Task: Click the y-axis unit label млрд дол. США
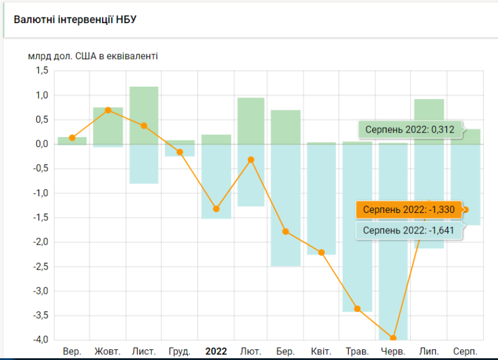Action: click(x=93, y=56)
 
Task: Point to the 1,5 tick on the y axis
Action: click(x=41, y=71)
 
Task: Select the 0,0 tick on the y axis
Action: click(x=41, y=144)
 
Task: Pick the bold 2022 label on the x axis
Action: click(x=216, y=351)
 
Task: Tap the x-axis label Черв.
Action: click(x=393, y=351)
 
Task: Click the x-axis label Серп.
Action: click(x=465, y=351)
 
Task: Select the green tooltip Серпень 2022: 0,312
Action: click(x=410, y=130)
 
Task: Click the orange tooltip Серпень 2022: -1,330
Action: click(x=409, y=210)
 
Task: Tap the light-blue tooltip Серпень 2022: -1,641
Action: click(x=409, y=230)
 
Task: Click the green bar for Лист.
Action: click(x=144, y=115)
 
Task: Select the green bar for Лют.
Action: click(x=251, y=121)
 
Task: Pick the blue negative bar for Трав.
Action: click(x=357, y=227)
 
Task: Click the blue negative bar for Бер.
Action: click(x=286, y=206)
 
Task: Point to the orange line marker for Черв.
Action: click(x=393, y=338)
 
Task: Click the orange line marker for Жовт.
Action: click(x=108, y=110)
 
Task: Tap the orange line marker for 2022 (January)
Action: click(x=216, y=209)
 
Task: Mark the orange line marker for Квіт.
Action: click(x=322, y=252)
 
